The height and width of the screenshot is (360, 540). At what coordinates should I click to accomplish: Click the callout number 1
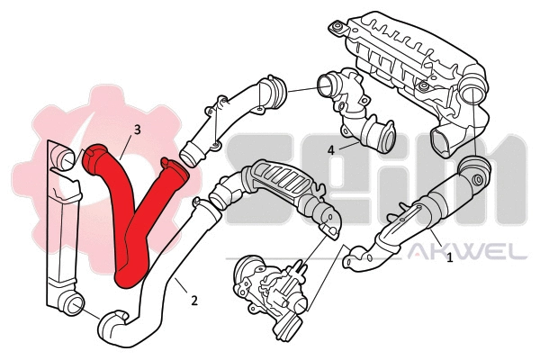point(449,257)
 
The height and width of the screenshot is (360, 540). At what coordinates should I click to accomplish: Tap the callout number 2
point(194,300)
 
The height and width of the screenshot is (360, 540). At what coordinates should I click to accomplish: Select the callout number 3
point(137,130)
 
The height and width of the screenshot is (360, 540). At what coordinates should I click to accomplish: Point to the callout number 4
point(332,148)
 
